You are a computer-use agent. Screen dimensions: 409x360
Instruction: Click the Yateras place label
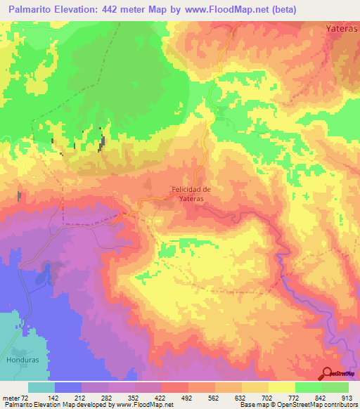(x=342, y=30)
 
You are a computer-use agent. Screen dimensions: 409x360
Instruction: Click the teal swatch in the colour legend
(x=41, y=387)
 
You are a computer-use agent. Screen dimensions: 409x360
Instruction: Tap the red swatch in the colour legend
(x=175, y=387)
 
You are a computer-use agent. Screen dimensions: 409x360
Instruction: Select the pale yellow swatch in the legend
(x=282, y=387)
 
